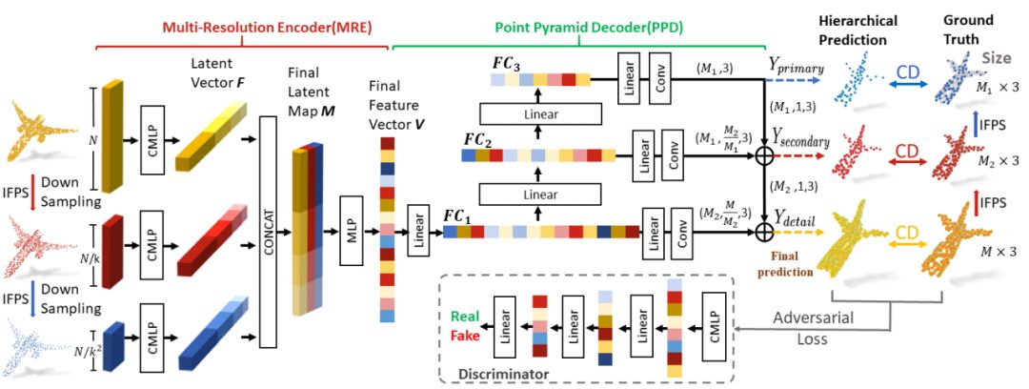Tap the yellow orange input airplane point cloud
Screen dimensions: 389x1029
click(x=46, y=133)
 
